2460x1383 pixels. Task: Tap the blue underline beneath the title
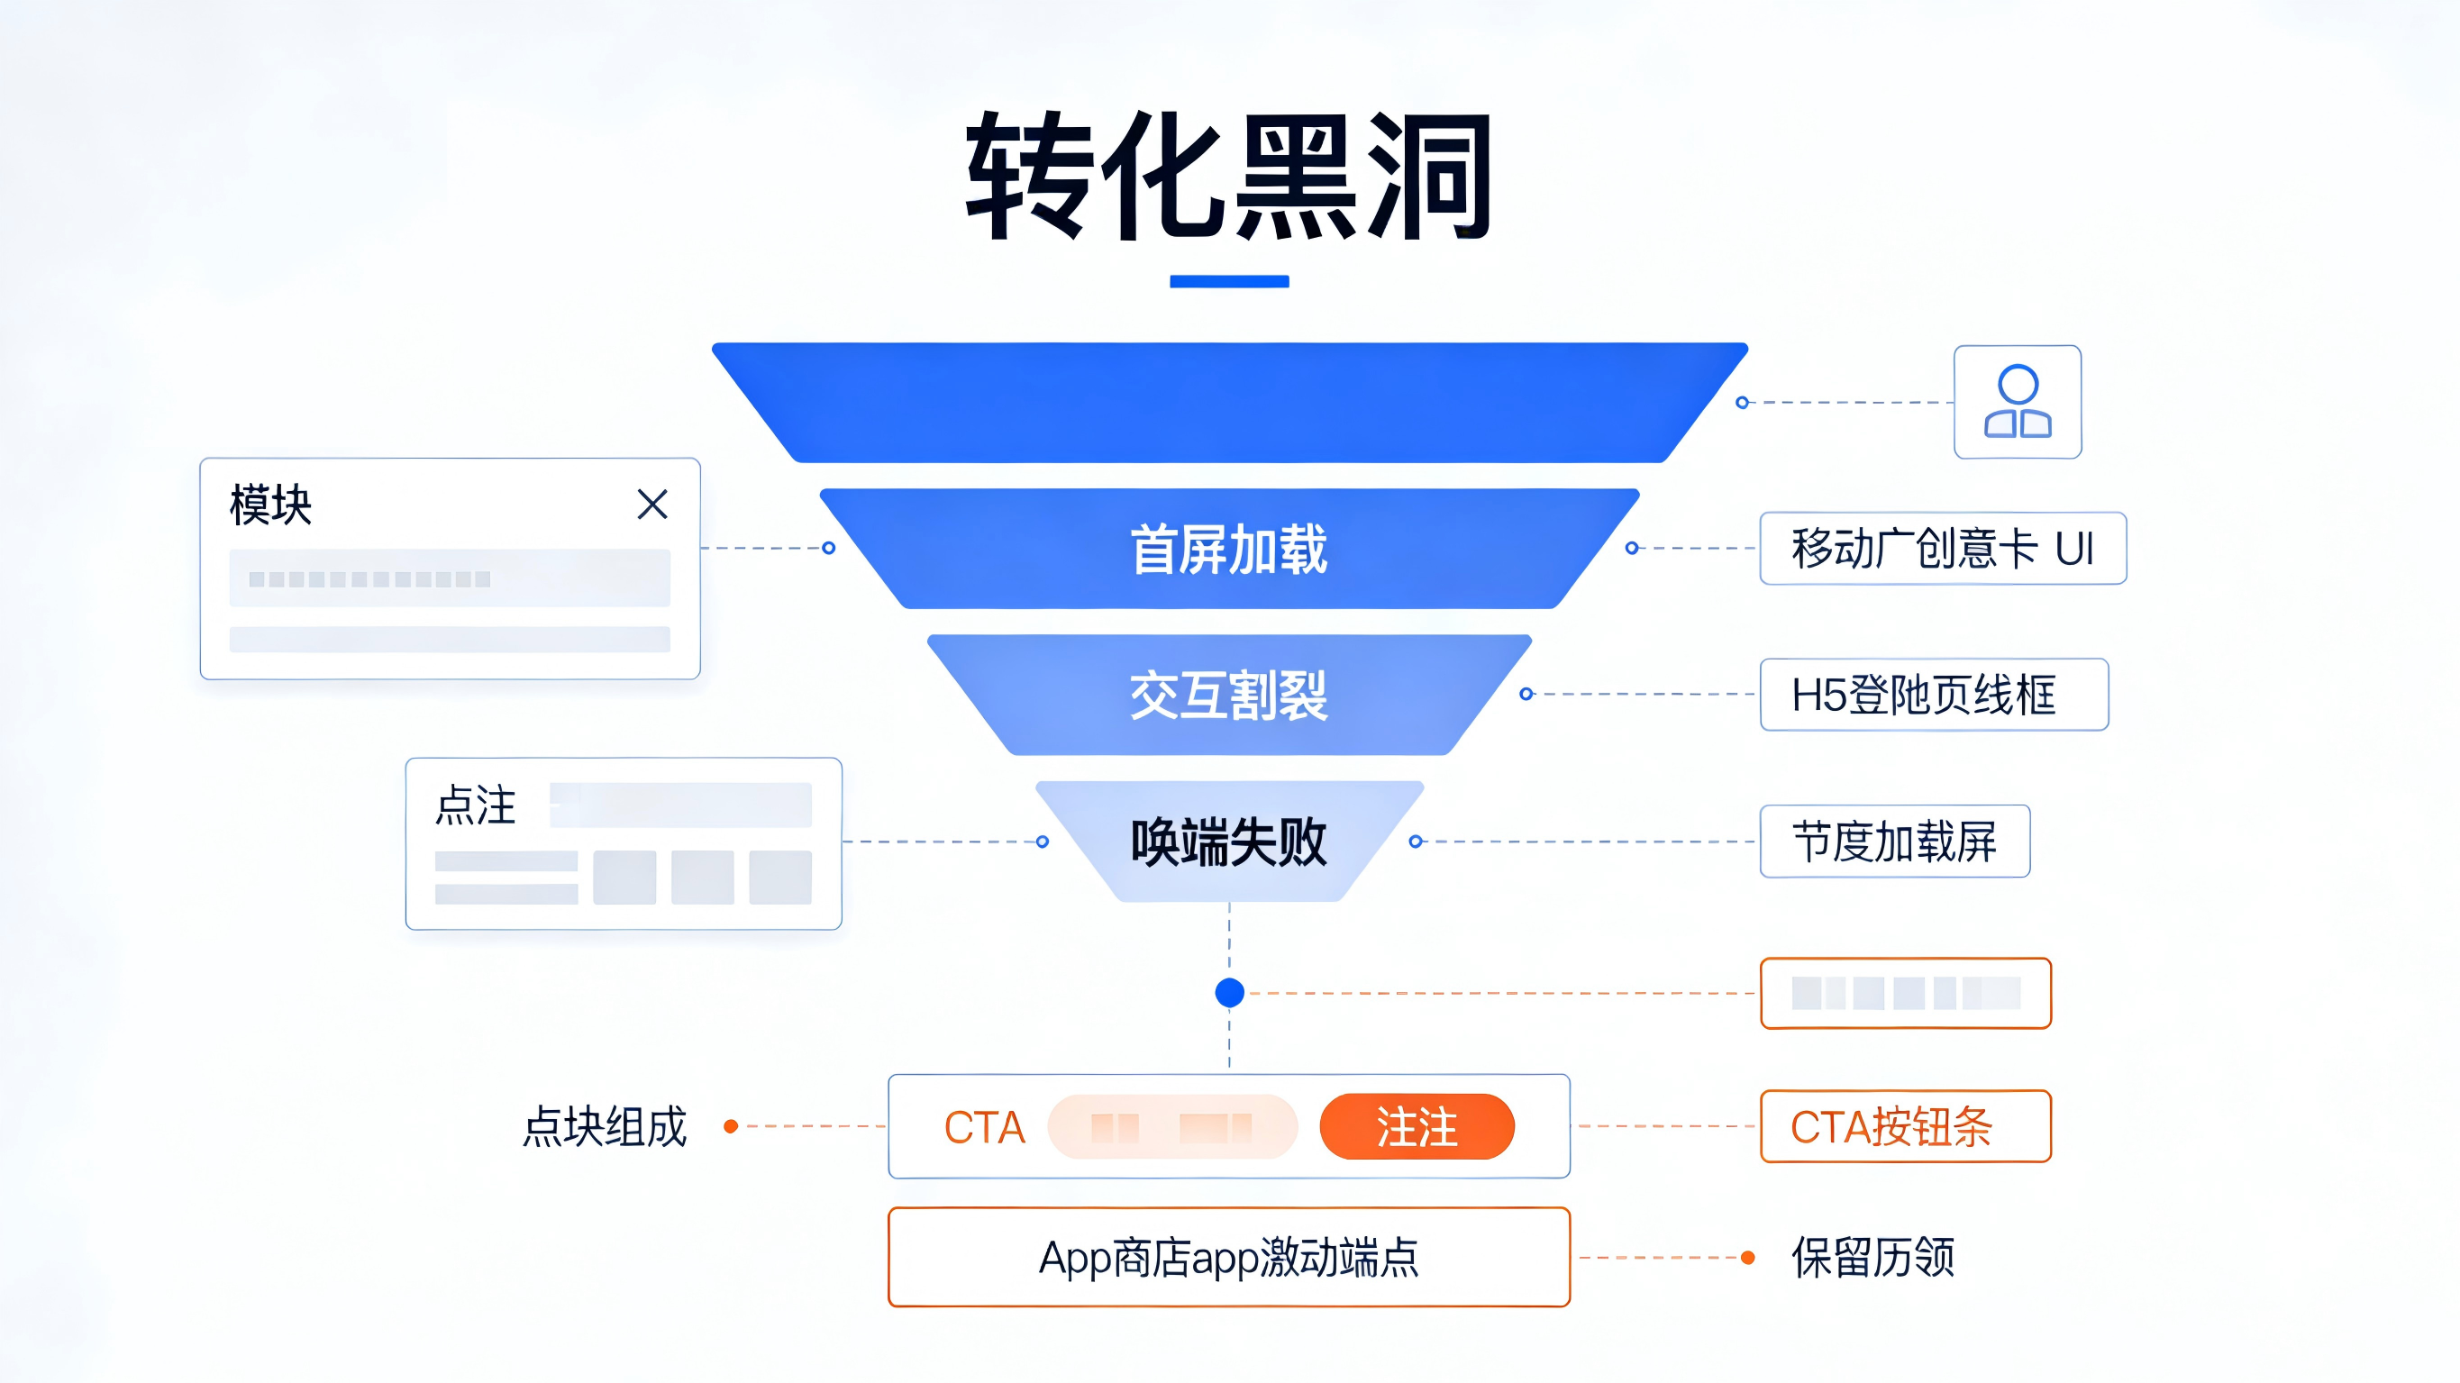(x=1229, y=282)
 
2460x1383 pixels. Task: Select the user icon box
(x=2017, y=402)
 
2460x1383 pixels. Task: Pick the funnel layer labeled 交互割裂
(x=1229, y=696)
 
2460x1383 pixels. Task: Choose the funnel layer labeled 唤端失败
(x=1229, y=842)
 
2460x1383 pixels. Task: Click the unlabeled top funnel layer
(x=1229, y=402)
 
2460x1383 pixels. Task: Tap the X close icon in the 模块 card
(x=652, y=505)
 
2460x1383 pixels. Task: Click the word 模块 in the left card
(x=270, y=505)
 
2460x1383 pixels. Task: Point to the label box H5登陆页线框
(x=1934, y=696)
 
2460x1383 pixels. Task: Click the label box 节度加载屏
(x=1895, y=842)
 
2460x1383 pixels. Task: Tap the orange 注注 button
(x=1417, y=1127)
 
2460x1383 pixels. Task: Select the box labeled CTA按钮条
(x=1905, y=1127)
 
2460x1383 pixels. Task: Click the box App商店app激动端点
(x=1229, y=1258)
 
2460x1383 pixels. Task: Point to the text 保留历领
(x=1872, y=1258)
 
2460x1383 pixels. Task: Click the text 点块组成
(x=605, y=1127)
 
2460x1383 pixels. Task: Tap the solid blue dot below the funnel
(x=1229, y=993)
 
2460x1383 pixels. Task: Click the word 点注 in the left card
(x=476, y=805)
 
